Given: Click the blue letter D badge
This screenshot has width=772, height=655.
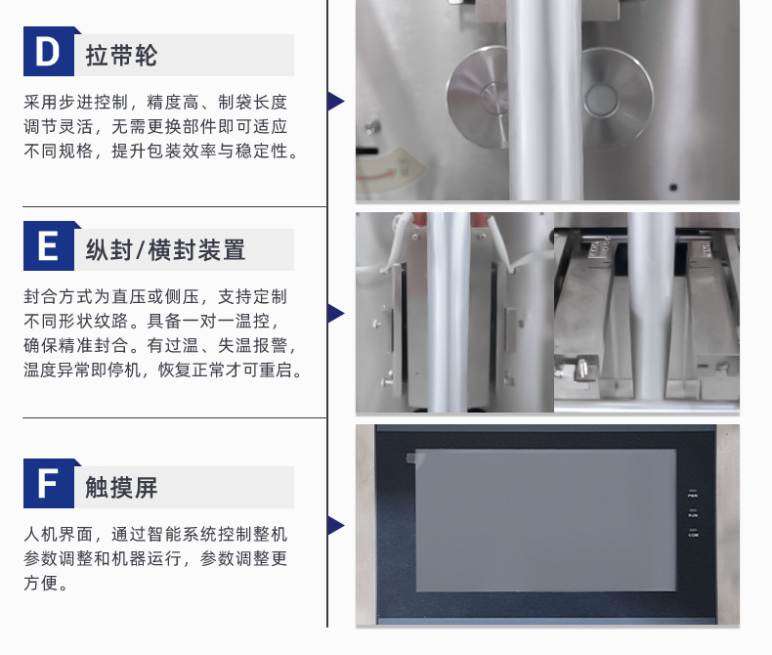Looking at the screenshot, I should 47,54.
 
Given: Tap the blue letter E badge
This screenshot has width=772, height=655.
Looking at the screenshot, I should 47,247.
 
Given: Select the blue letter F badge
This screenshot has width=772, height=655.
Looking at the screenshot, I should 47,485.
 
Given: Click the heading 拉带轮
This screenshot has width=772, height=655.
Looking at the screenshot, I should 121,55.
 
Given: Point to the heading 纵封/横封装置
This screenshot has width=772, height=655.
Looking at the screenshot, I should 165,249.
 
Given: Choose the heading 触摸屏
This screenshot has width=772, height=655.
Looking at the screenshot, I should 121,487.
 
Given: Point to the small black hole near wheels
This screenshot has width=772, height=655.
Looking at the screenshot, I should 673,185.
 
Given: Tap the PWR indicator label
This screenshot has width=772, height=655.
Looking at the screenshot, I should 693,497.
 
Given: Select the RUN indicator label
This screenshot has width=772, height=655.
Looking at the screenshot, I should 693,515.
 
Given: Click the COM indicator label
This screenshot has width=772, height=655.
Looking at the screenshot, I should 693,536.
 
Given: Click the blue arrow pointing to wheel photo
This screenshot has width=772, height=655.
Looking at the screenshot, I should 335,101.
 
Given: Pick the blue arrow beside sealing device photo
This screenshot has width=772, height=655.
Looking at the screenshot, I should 335,313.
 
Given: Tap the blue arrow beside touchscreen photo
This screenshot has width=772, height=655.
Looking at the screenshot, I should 335,525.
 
